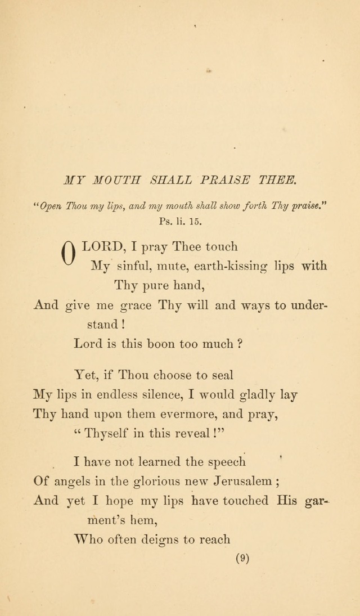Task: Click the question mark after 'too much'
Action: [x=240, y=343]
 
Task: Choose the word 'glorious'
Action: [x=159, y=481]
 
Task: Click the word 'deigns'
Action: [x=160, y=539]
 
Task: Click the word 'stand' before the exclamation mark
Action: [x=101, y=324]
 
